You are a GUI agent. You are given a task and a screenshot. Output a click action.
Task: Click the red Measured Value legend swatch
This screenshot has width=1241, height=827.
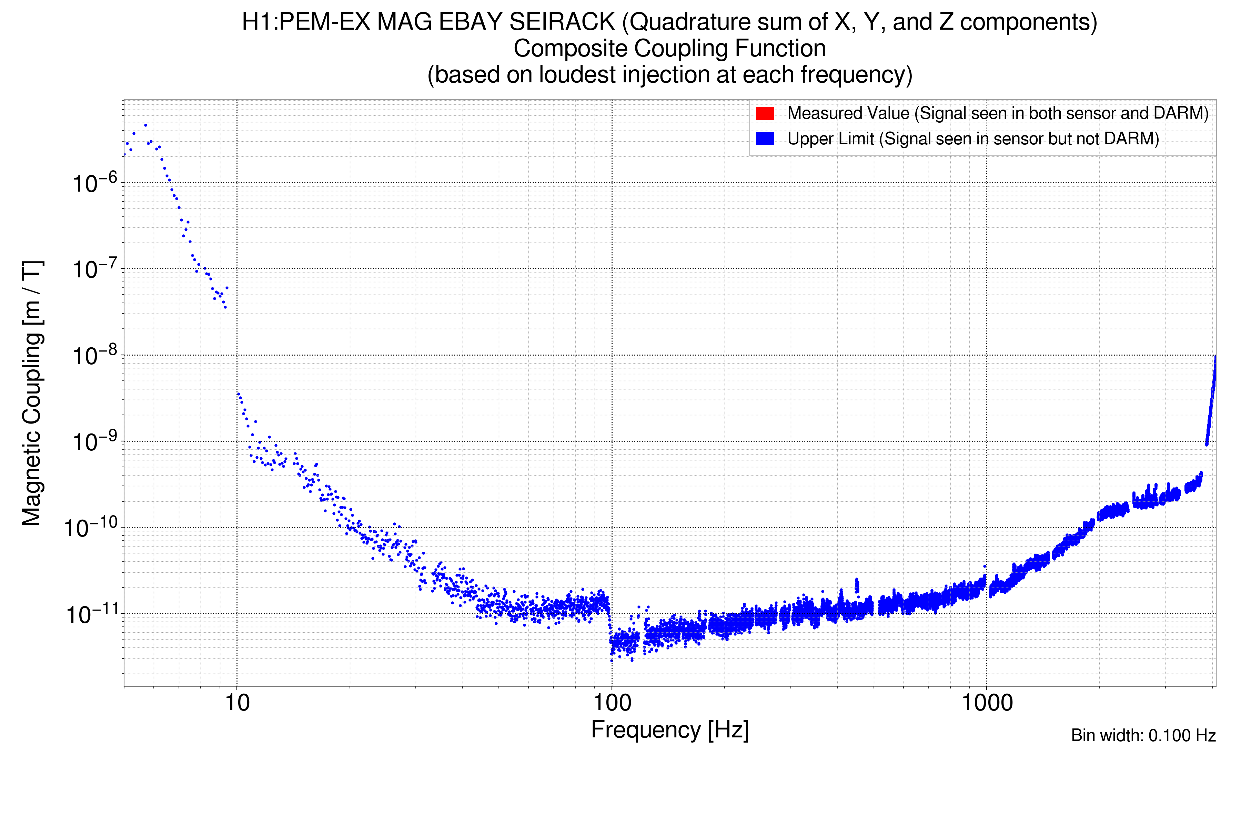pyautogui.click(x=765, y=113)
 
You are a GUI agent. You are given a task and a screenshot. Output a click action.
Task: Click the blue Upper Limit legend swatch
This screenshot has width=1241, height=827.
pyautogui.click(x=765, y=139)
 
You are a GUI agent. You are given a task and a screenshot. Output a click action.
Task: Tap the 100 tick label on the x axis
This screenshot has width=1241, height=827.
pyautogui.click(x=612, y=703)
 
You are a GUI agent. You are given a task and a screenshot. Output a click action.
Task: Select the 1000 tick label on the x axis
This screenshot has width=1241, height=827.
pyautogui.click(x=987, y=703)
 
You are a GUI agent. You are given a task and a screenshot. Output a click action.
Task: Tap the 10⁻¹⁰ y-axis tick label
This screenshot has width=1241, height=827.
pyautogui.click(x=91, y=528)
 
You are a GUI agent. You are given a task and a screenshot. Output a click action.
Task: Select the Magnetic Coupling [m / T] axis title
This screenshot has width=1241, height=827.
pyautogui.click(x=32, y=393)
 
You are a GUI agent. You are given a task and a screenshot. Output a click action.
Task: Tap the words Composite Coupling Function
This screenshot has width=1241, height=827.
pyautogui.click(x=669, y=49)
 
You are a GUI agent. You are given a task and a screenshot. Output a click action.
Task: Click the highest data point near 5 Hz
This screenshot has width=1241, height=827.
pyautogui.click(x=145, y=125)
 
